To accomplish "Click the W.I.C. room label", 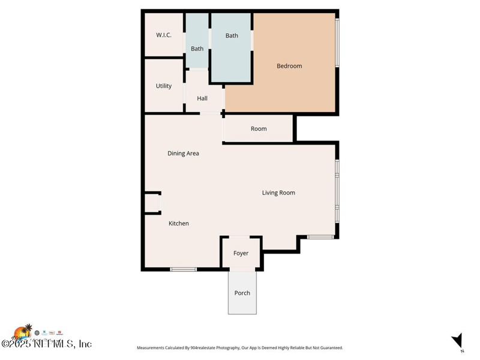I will tap(164, 35).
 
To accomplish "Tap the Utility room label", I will tap(164, 86).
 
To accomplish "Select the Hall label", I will tap(202, 98).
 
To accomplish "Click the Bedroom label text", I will tap(289, 66).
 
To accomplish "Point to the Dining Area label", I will tap(183, 154).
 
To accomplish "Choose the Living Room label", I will tap(278, 193).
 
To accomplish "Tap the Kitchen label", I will tap(179, 223).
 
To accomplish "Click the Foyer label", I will tap(241, 253).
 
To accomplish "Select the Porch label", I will tap(242, 293).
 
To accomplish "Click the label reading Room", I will tap(259, 129).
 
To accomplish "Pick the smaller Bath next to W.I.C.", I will tap(197, 49).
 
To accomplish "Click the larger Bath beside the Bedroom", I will tap(232, 36).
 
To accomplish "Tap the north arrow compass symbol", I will tap(458, 340).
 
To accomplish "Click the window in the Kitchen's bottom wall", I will tap(184, 269).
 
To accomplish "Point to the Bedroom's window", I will tap(337, 43).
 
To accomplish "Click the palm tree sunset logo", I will tap(24, 332).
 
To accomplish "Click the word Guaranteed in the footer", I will tap(329, 348).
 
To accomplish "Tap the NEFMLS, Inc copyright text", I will tap(47, 344).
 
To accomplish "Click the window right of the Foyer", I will tap(320, 238).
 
